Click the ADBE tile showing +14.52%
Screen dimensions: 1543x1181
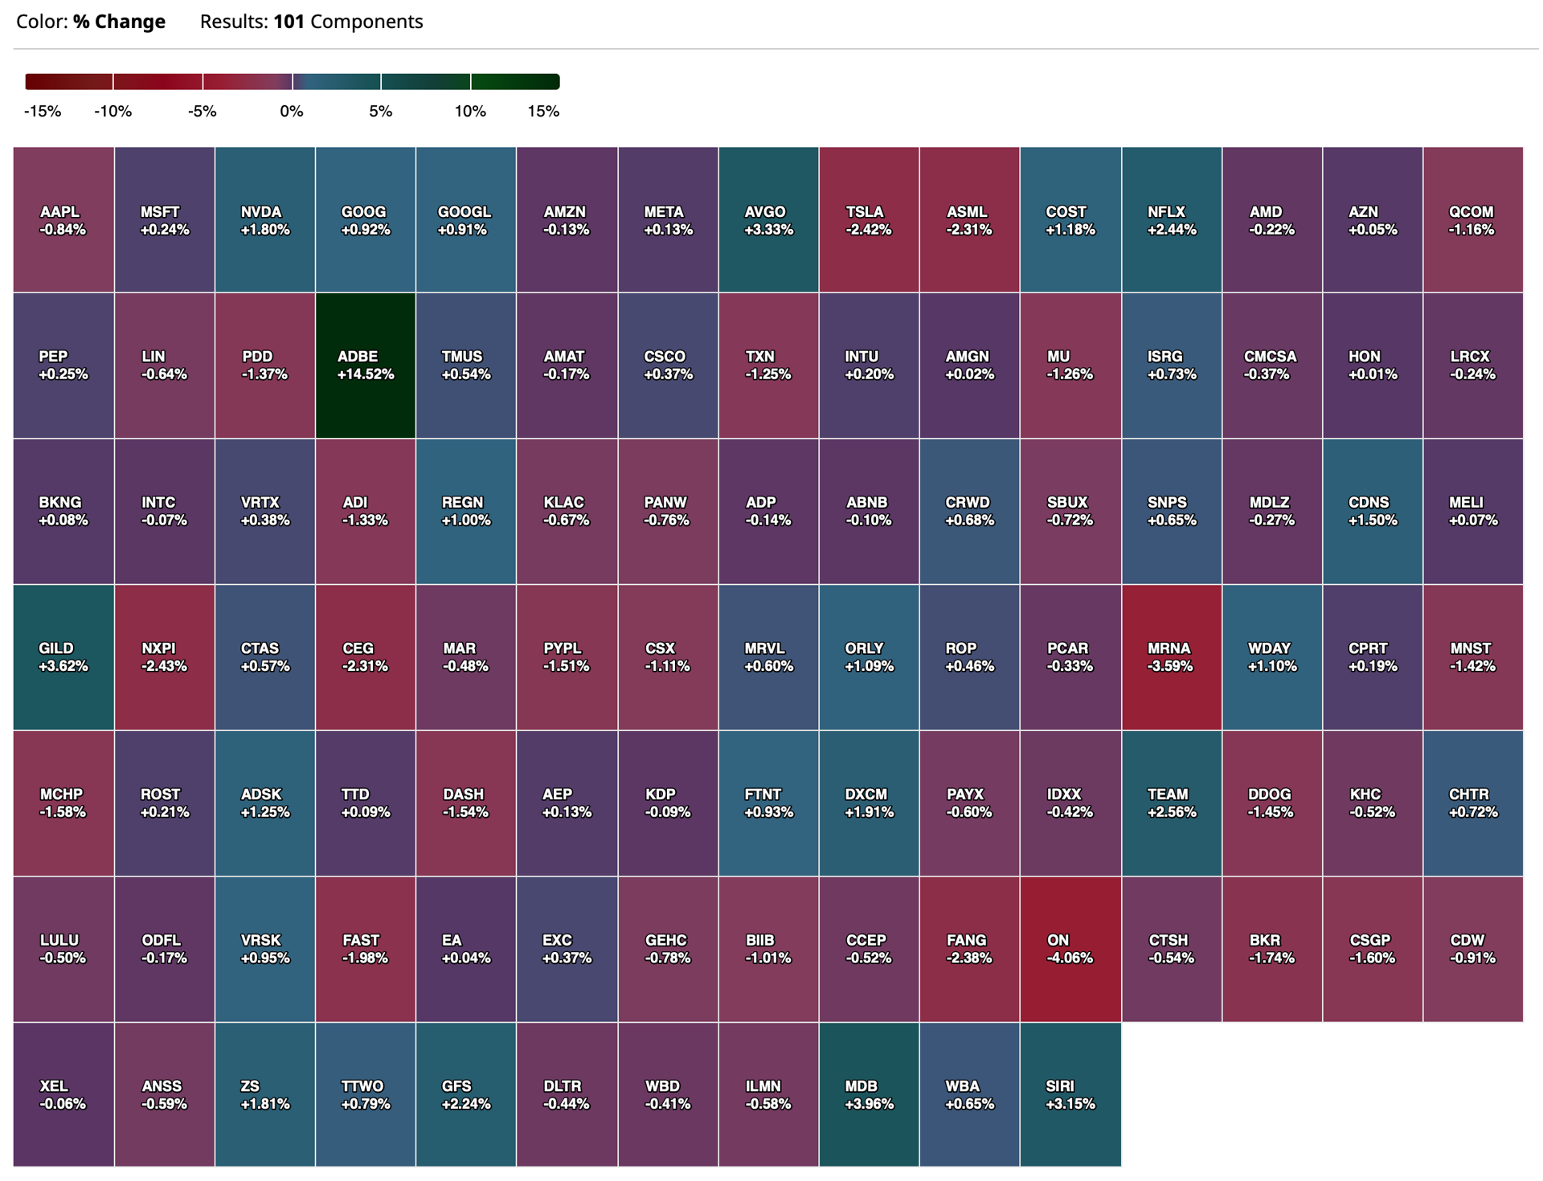click(366, 366)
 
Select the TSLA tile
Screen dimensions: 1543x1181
click(869, 219)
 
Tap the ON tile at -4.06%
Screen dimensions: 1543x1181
click(1070, 949)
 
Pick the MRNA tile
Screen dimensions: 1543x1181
click(1172, 657)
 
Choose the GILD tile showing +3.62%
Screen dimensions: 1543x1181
click(63, 657)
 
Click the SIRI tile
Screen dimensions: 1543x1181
click(1070, 1094)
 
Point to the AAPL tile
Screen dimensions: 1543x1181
click(63, 219)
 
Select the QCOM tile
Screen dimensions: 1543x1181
click(1473, 219)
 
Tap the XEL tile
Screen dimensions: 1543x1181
click(63, 1094)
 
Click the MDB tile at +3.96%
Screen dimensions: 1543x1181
click(869, 1094)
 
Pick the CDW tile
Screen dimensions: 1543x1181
click(1473, 949)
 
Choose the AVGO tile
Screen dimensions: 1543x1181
click(768, 219)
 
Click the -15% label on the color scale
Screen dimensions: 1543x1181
click(43, 112)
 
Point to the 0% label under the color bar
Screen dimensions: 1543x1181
click(292, 112)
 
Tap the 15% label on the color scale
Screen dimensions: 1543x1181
click(543, 112)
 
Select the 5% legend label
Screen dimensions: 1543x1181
click(381, 112)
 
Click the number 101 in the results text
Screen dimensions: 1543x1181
click(289, 22)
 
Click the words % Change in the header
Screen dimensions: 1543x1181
click(119, 22)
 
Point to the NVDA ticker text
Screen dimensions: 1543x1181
click(261, 212)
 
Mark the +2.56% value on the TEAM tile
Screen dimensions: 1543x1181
click(1172, 812)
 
